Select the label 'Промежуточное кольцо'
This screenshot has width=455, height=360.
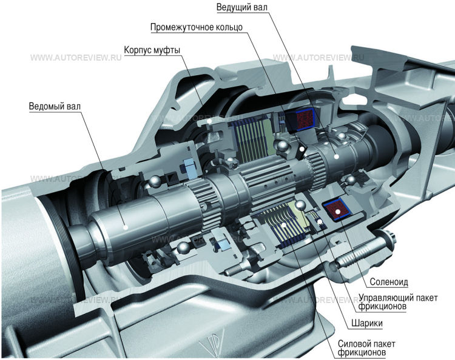(x=197, y=28)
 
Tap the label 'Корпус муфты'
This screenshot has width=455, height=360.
(x=152, y=50)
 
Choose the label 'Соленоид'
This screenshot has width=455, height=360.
(x=388, y=282)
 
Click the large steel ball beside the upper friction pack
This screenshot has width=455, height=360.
(x=280, y=145)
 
